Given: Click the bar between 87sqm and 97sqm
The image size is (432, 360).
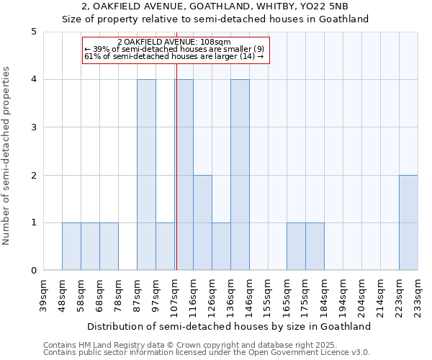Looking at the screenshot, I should [146, 175].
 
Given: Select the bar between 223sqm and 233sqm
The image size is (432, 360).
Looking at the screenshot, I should [408, 222].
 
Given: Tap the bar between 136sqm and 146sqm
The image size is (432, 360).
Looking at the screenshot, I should [240, 175].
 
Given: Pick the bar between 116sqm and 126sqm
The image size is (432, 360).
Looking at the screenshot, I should [202, 222].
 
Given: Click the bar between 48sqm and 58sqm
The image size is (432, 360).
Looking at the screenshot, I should [71, 246].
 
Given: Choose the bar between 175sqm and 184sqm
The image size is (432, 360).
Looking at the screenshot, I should [315, 246].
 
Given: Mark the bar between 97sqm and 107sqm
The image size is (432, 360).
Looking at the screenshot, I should [165, 246].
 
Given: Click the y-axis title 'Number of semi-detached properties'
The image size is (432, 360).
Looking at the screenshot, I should [7, 156].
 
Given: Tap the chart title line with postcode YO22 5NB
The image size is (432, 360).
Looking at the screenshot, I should [216, 6].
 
